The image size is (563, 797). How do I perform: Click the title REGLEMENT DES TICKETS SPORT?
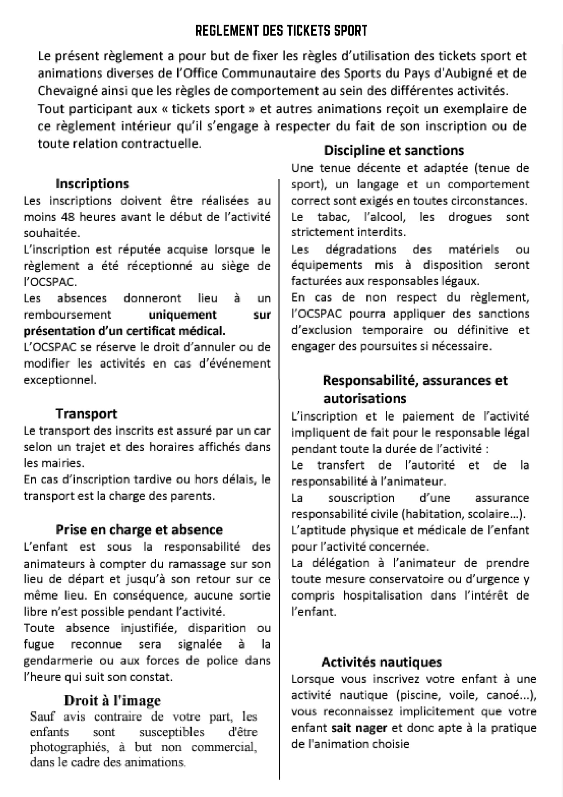click(281, 31)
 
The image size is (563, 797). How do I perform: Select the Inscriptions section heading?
click(92, 184)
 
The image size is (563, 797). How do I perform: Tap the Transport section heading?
click(86, 414)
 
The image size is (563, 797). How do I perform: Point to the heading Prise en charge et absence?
click(139, 530)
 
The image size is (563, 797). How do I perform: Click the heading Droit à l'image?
click(112, 701)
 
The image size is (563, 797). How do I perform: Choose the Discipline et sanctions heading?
click(394, 150)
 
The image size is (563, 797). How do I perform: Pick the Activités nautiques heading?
click(382, 662)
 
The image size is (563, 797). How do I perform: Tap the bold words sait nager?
click(359, 728)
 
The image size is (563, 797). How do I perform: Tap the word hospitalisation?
click(382, 595)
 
